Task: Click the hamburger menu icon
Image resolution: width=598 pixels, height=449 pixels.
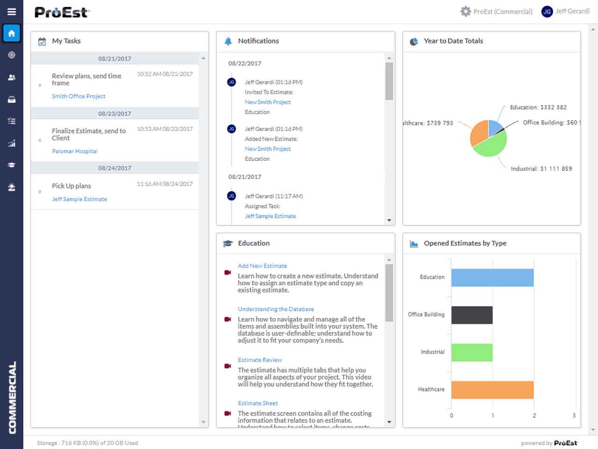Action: [x=12, y=12]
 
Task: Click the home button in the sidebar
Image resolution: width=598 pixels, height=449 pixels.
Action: [x=12, y=33]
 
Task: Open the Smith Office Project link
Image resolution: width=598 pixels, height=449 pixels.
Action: [x=78, y=96]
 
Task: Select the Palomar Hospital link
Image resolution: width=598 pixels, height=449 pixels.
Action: [x=75, y=152]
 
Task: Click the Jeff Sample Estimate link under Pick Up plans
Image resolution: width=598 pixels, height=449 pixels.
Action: [x=79, y=199]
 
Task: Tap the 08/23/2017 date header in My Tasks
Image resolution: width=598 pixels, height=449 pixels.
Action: [x=114, y=114]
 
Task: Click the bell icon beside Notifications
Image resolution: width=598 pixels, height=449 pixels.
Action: [x=228, y=41]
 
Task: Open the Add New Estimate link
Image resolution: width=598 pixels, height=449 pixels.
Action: [x=262, y=266]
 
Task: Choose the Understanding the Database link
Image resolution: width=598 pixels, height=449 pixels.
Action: [x=276, y=309]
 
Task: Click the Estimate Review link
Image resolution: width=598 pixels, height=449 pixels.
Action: [x=260, y=360]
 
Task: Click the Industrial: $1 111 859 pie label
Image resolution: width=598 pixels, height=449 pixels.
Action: [x=541, y=169]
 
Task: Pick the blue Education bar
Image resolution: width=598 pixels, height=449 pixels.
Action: [x=492, y=278]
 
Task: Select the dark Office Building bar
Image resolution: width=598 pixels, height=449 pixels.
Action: [x=472, y=315]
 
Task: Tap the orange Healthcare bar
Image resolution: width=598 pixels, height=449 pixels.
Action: [x=492, y=390]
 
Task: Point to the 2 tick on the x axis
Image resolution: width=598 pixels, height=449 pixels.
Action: [x=534, y=415]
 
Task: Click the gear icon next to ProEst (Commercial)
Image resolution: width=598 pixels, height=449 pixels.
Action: [x=465, y=12]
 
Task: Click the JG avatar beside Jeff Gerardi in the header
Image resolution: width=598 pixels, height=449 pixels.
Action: [x=547, y=12]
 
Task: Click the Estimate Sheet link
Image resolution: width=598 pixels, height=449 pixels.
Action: [x=257, y=404]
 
